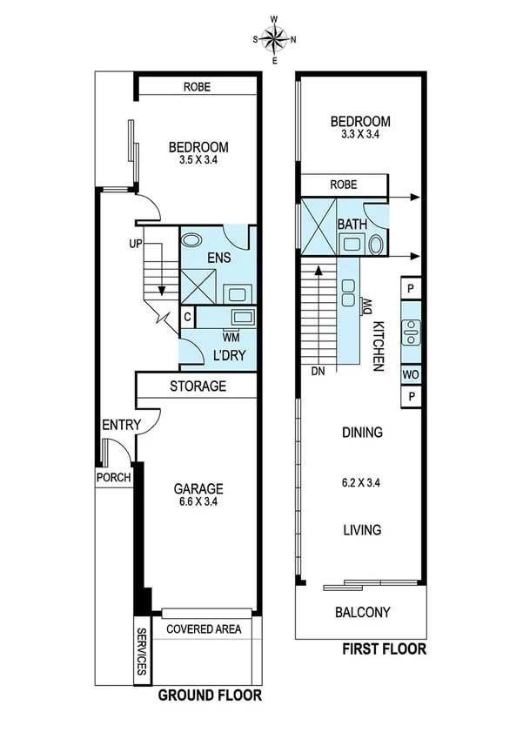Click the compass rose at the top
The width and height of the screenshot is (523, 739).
pyautogui.click(x=274, y=39)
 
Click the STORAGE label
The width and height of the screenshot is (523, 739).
pyautogui.click(x=198, y=386)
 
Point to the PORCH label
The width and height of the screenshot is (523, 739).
pyautogui.click(x=114, y=477)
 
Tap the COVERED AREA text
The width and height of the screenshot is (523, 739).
pyautogui.click(x=203, y=629)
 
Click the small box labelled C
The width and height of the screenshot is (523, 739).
pyautogui.click(x=187, y=317)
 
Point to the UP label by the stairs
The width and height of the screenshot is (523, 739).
pyautogui.click(x=135, y=243)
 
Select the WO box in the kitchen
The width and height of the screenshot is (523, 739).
pyautogui.click(x=410, y=374)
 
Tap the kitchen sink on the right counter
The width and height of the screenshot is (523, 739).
pyautogui.click(x=410, y=331)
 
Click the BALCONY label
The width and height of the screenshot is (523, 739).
pyautogui.click(x=362, y=612)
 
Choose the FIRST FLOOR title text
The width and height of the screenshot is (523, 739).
pyautogui.click(x=383, y=649)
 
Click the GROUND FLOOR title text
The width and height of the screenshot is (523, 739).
pyautogui.click(x=209, y=695)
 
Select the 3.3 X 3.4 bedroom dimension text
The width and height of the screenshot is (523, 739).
pyautogui.click(x=361, y=134)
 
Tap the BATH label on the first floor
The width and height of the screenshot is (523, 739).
pyautogui.click(x=352, y=224)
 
